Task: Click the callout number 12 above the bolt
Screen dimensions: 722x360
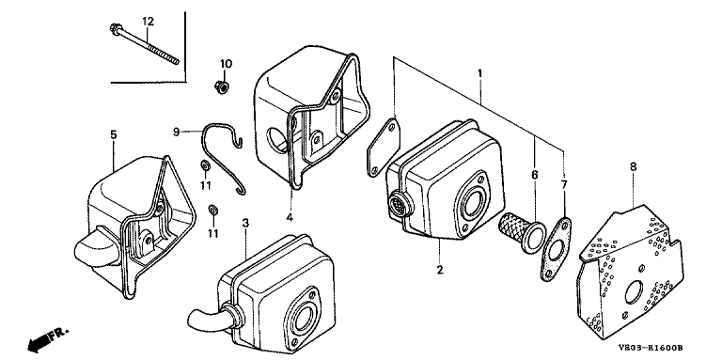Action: (x=148, y=22)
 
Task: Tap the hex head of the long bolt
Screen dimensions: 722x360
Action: (x=114, y=29)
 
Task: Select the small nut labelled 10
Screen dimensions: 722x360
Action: (x=222, y=86)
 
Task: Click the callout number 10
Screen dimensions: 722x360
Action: (x=226, y=64)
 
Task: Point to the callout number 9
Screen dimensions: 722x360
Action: (x=177, y=133)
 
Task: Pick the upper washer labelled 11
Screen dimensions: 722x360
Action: (x=204, y=165)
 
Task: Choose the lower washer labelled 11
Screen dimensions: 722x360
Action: (x=212, y=210)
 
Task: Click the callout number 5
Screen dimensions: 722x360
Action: (x=113, y=135)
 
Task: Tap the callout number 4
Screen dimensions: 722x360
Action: (x=290, y=217)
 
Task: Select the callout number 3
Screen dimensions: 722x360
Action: (x=245, y=224)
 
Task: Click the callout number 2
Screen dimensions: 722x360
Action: (x=440, y=270)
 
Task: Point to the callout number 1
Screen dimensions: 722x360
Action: (x=479, y=73)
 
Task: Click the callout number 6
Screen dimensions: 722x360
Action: (x=535, y=175)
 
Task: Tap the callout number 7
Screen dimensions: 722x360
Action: (x=564, y=184)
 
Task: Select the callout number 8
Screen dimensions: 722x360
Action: (x=633, y=166)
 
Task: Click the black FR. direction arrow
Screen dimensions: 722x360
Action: (x=39, y=342)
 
